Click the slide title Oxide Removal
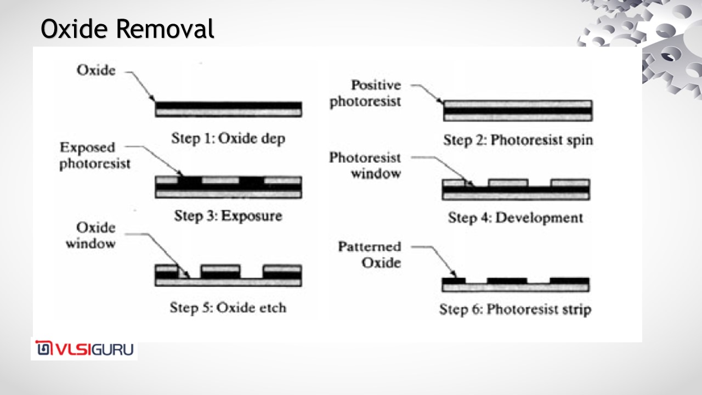tap(127, 30)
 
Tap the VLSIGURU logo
tap(84, 349)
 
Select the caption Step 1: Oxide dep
tap(228, 138)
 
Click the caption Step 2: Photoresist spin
tap(518, 140)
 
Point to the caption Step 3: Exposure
tap(228, 216)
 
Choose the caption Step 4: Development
tap(515, 218)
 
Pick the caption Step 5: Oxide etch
tap(228, 307)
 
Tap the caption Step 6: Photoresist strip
tap(515, 309)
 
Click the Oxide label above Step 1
tap(96, 71)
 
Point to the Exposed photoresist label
tap(95, 156)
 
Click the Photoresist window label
tap(365, 166)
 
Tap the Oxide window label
tap(90, 235)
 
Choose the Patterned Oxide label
tap(369, 255)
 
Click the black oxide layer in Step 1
tap(228, 105)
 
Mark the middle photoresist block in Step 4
tap(508, 183)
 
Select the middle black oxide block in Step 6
tap(507, 281)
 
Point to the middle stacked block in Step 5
tap(220, 271)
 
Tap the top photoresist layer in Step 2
tap(517, 104)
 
